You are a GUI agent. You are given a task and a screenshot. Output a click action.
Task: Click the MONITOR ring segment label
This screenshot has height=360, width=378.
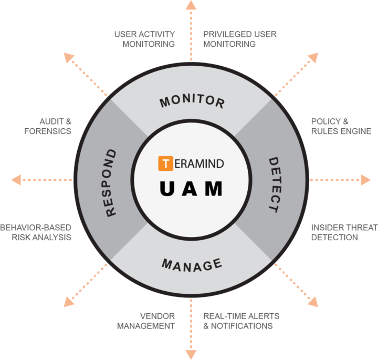[x=192, y=100]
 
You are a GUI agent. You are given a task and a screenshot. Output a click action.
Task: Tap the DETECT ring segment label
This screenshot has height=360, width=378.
[x=275, y=185]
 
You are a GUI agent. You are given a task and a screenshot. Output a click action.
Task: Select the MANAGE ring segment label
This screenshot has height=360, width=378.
[x=192, y=265]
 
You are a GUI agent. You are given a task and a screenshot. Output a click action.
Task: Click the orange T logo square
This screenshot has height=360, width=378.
[x=165, y=163]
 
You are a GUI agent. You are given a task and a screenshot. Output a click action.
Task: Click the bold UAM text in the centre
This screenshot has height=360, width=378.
[x=191, y=189]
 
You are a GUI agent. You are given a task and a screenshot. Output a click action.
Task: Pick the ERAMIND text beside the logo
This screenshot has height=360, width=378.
[x=199, y=164]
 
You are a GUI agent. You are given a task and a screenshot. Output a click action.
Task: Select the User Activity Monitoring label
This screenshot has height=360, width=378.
[x=145, y=39]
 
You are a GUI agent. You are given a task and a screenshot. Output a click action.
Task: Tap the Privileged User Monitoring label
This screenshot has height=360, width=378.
[x=240, y=39]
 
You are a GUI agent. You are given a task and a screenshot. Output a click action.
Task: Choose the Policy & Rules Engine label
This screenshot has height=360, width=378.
[x=341, y=126]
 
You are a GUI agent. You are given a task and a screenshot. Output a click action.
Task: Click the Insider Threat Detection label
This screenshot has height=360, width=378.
[x=344, y=232]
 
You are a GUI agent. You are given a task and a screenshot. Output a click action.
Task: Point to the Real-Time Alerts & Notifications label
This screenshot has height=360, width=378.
[x=241, y=321]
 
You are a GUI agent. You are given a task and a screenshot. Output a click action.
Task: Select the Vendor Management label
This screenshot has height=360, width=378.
[x=146, y=321]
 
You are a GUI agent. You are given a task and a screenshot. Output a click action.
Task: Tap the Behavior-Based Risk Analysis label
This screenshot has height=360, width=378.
[x=36, y=232]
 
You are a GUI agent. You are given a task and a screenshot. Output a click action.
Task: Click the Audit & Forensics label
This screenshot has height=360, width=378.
[x=48, y=126]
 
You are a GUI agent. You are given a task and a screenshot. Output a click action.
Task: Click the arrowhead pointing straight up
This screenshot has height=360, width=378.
[x=191, y=5]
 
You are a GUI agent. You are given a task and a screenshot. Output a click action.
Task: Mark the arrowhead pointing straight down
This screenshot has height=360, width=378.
[x=191, y=355]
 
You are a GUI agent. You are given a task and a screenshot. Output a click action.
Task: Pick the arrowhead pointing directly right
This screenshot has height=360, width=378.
[x=366, y=180]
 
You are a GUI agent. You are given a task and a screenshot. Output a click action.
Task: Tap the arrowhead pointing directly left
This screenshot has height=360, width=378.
[x=16, y=180]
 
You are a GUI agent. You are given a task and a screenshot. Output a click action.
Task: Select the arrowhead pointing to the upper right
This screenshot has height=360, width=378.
[x=313, y=57]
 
